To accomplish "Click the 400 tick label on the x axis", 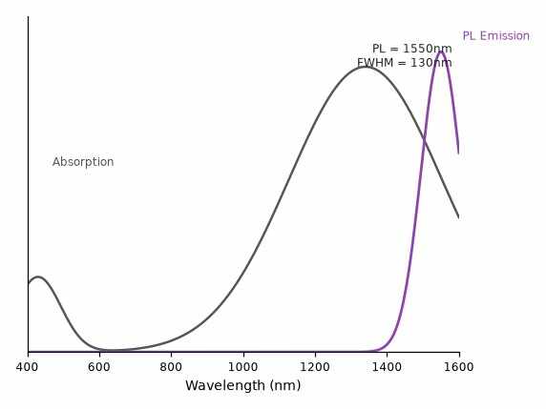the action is click(28, 367).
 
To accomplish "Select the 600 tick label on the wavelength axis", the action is click(99, 367).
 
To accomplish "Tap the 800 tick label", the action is click(171, 367).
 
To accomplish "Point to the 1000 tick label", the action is click(243, 367).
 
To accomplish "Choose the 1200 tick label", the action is click(315, 367).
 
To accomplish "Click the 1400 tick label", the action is click(387, 367).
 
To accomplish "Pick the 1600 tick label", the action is click(458, 367).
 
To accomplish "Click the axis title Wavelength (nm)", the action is click(243, 385).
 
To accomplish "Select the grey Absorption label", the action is click(83, 162).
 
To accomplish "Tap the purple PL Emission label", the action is click(496, 36).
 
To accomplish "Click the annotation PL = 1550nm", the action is click(412, 49).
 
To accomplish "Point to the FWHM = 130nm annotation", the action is click(405, 63).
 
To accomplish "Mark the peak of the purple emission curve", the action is click(441, 52).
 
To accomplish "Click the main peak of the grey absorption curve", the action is click(366, 67).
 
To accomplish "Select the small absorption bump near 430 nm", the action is click(37, 277).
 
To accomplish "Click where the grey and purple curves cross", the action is click(425, 140).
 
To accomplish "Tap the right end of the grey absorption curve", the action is click(458, 217).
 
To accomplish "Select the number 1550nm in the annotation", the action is click(428, 49).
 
